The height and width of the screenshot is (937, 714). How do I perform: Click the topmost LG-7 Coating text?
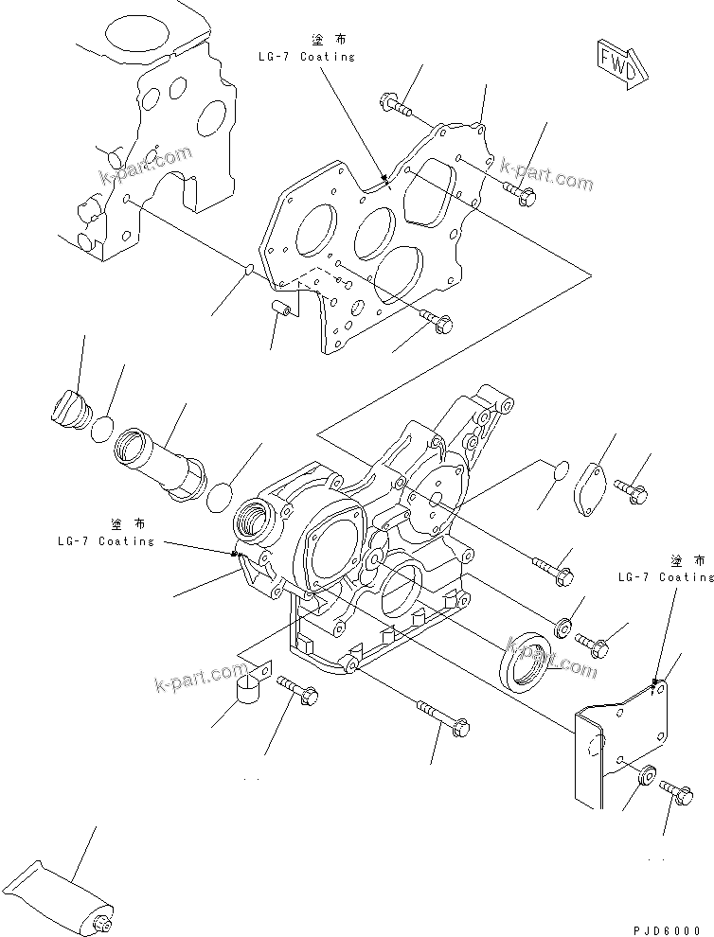pyautogui.click(x=306, y=56)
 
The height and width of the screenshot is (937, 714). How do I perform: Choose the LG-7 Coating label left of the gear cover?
pyautogui.click(x=105, y=540)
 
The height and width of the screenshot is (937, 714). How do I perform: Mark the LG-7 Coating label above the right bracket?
pyautogui.click(x=666, y=575)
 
